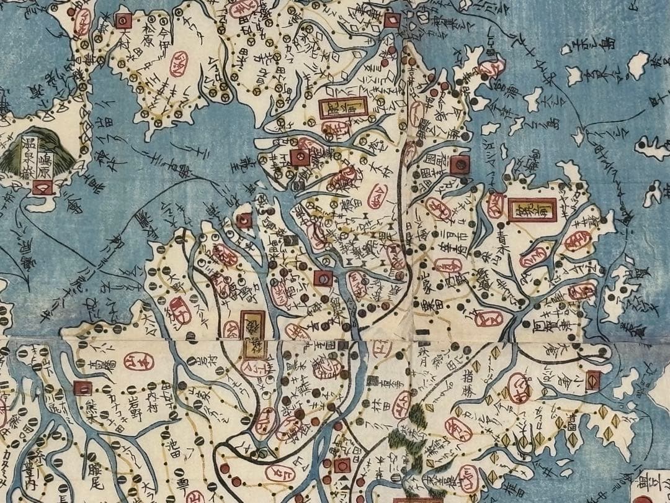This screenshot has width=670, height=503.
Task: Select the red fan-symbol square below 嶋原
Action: tap(42, 186)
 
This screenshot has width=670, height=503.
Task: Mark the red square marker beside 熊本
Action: tap(82, 388)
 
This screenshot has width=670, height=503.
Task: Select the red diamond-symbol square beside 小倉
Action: tap(592, 379)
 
